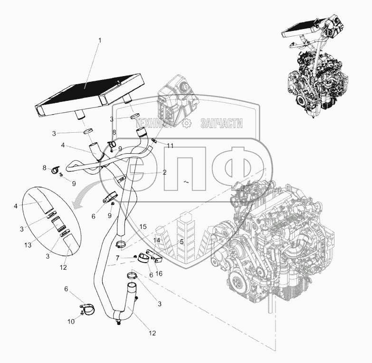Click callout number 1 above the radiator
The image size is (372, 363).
point(99,40)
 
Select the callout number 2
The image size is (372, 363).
point(164,172)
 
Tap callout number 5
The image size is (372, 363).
point(181,241)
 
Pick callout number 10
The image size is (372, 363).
point(71,322)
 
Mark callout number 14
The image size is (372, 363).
point(157,241)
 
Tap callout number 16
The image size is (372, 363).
point(159,274)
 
